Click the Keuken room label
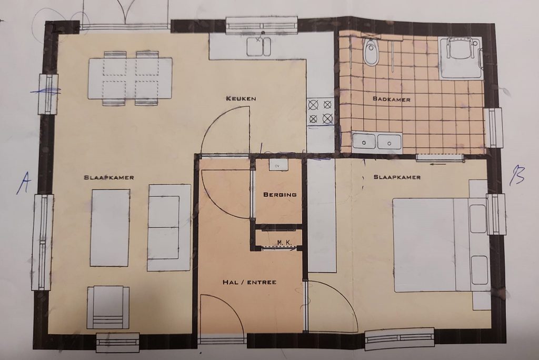(x=241, y=98)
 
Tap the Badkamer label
(x=391, y=98)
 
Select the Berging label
(x=280, y=194)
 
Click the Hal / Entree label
(x=249, y=282)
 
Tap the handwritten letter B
(x=517, y=176)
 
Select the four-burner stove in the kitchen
(x=320, y=112)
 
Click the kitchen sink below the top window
(x=258, y=45)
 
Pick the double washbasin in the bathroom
(x=377, y=142)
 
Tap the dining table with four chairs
(x=130, y=78)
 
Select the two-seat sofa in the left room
(x=168, y=227)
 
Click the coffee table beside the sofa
(x=109, y=227)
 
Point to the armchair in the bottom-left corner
(x=108, y=307)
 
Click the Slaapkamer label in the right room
(x=397, y=177)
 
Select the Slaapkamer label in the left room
(x=109, y=177)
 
